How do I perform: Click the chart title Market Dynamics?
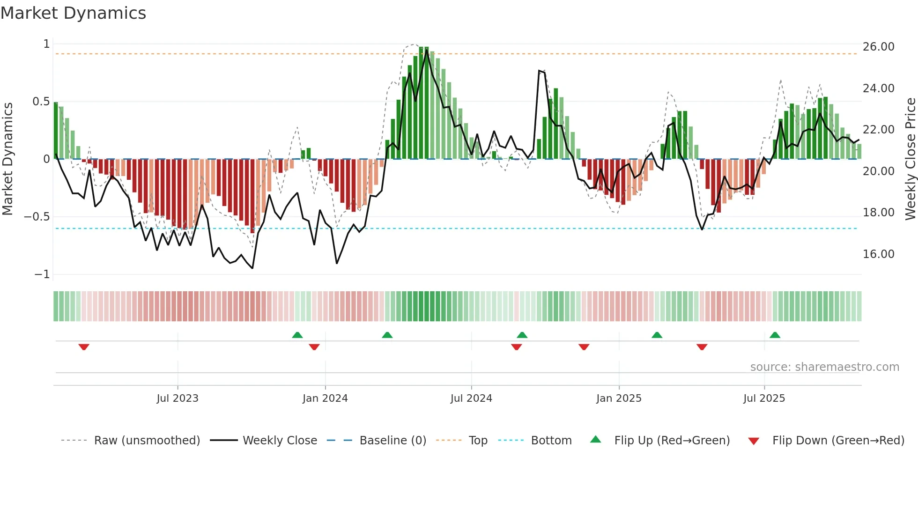click(x=74, y=13)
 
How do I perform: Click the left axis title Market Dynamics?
click(x=7, y=159)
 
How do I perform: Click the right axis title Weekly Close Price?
click(x=910, y=159)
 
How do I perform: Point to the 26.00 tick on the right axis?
click(x=878, y=47)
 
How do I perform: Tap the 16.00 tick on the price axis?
click(x=878, y=254)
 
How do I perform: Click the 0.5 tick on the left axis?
click(x=41, y=102)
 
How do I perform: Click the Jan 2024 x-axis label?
click(x=325, y=398)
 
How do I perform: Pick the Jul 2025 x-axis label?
click(x=764, y=398)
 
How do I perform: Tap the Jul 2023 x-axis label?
click(x=178, y=398)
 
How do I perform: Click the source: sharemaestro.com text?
click(x=824, y=367)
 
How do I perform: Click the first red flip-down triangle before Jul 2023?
click(x=84, y=346)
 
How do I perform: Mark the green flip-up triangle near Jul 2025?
click(x=775, y=335)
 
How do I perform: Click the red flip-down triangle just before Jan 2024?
click(x=314, y=346)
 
